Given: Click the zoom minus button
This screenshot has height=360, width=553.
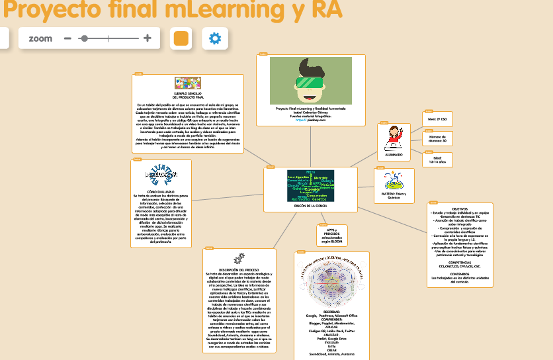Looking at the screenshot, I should coord(67,38).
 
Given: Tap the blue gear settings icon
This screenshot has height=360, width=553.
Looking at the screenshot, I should coord(214,38).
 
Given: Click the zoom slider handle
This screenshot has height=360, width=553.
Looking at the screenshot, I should coord(83,38).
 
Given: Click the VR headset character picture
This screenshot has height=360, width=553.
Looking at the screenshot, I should coord(310,80).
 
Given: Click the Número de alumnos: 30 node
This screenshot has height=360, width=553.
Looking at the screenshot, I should coord(437,138).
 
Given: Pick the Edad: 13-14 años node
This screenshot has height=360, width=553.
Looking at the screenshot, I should coord(437,159).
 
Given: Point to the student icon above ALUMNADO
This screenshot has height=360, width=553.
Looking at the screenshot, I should coord(394,136).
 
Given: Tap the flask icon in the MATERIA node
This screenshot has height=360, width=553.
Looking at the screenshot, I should coord(394,180).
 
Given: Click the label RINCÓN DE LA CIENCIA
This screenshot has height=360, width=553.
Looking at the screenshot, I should coord(310,206).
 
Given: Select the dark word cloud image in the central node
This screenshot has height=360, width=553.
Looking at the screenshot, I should coord(310,185).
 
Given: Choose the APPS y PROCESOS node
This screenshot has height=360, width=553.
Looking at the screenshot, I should coord(331,236).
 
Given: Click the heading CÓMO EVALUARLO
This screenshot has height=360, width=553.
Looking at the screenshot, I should coord(161,191).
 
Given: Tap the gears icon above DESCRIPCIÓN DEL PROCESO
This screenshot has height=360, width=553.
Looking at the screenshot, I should coord(238,258).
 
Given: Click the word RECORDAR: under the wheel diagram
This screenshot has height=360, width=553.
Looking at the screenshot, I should coord(331,311).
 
